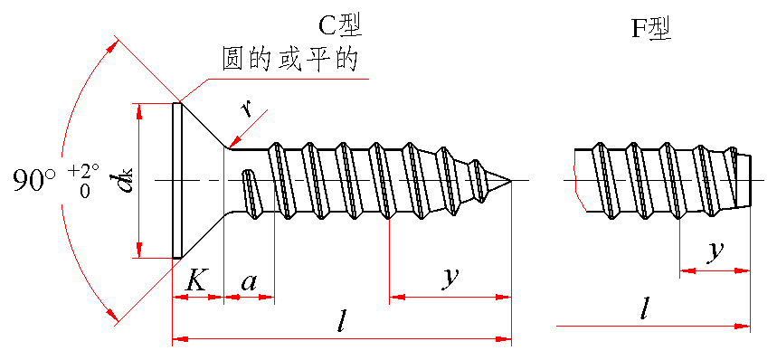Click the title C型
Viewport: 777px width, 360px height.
tap(340, 26)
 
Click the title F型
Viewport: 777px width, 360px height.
tap(650, 29)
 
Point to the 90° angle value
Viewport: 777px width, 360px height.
tap(34, 180)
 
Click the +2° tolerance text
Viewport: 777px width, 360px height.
tap(84, 171)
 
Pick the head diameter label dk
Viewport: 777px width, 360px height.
tap(125, 180)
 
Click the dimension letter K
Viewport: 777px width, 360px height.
tap(196, 281)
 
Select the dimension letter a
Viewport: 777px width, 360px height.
tap(249, 283)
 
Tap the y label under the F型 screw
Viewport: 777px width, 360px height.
tap(714, 251)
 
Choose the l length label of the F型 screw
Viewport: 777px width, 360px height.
tap(644, 309)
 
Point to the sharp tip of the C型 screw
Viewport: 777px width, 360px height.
tap(510, 180)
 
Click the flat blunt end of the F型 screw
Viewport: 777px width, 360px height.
tap(751, 180)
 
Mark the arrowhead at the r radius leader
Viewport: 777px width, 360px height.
tap(232, 144)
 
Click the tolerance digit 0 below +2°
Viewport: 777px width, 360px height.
tap(85, 192)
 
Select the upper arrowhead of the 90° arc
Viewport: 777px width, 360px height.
tap(113, 49)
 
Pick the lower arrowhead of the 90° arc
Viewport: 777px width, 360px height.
tap(112, 314)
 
